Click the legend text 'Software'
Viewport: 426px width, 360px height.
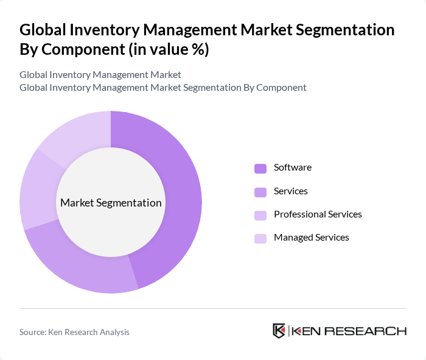pos(292,168)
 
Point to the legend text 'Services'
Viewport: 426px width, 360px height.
pos(290,191)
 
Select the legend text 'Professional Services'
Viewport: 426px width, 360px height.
pos(318,214)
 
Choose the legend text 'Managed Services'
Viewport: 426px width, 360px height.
pos(311,238)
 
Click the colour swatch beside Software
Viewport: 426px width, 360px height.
pos(260,168)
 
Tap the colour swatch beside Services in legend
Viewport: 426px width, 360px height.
pos(260,192)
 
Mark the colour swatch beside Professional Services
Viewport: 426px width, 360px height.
pos(260,215)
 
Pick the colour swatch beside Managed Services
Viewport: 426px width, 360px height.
pos(260,238)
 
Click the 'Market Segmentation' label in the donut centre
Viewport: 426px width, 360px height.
pos(111,203)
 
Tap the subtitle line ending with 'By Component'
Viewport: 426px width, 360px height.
pos(162,87)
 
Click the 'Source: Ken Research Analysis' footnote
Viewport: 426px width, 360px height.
pos(74,332)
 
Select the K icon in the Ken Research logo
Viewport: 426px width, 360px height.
pos(279,331)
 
